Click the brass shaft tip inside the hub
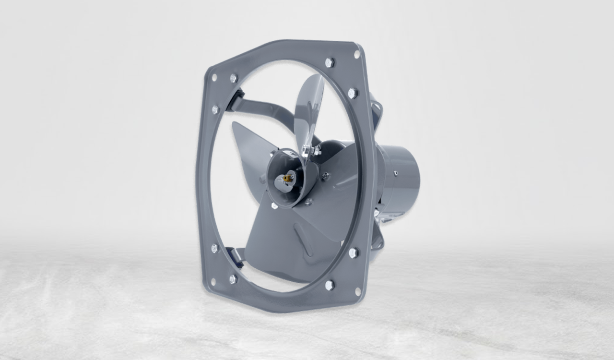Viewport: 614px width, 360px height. point(287,178)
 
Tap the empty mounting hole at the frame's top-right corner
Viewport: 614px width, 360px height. point(357,54)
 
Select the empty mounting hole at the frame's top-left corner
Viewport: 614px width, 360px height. point(214,77)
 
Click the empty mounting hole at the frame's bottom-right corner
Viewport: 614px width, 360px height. point(358,291)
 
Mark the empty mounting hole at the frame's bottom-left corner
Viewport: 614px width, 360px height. point(213,282)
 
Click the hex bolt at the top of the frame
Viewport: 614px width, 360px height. point(330,62)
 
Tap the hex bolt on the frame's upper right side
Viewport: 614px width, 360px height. point(352,93)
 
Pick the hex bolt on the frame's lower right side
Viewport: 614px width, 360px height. point(353,253)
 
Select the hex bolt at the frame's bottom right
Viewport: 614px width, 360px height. point(330,285)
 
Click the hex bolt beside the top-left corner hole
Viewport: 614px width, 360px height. point(234,78)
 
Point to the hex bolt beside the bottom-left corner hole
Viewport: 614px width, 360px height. point(233,279)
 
